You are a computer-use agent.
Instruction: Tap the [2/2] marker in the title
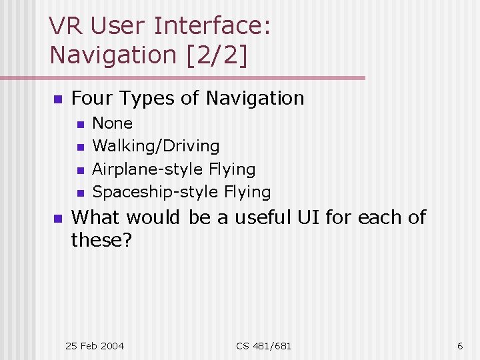click(214, 55)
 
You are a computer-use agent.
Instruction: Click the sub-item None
click(112, 123)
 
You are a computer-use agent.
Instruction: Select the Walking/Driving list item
click(155, 146)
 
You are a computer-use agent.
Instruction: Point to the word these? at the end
click(101, 239)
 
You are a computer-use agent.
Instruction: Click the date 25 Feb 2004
click(94, 345)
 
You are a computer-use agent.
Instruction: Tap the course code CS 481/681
click(263, 345)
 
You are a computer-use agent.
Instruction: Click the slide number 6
click(460, 345)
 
